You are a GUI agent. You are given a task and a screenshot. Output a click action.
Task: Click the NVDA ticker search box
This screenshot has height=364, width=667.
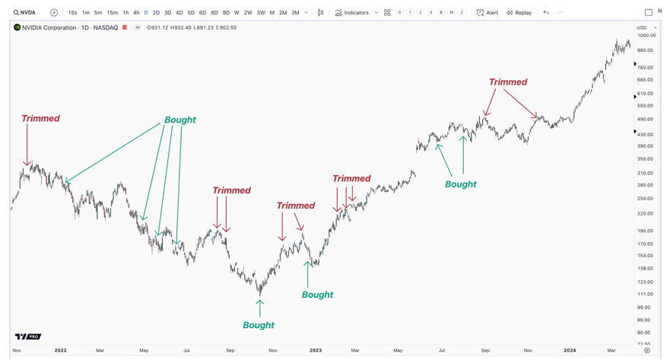(x=24, y=13)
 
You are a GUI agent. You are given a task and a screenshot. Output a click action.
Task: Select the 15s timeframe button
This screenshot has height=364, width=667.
(x=72, y=13)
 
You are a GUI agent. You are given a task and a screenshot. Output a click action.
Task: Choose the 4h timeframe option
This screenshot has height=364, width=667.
(x=136, y=13)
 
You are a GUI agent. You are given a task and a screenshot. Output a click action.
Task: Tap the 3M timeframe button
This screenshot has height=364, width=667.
(x=295, y=13)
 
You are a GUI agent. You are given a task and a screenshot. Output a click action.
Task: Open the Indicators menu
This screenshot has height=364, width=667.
(x=352, y=13)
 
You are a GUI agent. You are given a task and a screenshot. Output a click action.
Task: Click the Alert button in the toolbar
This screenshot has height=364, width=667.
(x=488, y=13)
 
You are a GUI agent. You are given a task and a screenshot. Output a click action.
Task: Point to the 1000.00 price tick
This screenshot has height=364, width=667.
(x=646, y=35)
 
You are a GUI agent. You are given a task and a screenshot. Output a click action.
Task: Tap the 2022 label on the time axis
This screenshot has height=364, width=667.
(x=60, y=350)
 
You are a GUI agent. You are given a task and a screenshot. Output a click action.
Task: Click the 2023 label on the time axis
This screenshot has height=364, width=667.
(x=316, y=350)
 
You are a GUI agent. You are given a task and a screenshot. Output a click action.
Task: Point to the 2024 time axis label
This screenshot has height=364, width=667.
(x=570, y=350)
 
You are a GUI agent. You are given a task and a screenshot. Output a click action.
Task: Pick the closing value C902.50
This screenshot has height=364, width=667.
(x=227, y=27)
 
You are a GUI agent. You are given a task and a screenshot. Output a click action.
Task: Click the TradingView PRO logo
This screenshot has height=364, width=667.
(x=28, y=337)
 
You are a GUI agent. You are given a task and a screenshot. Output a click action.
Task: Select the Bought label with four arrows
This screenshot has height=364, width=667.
(x=180, y=120)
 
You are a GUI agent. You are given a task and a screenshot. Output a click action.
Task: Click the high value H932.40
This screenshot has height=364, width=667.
(x=180, y=27)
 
